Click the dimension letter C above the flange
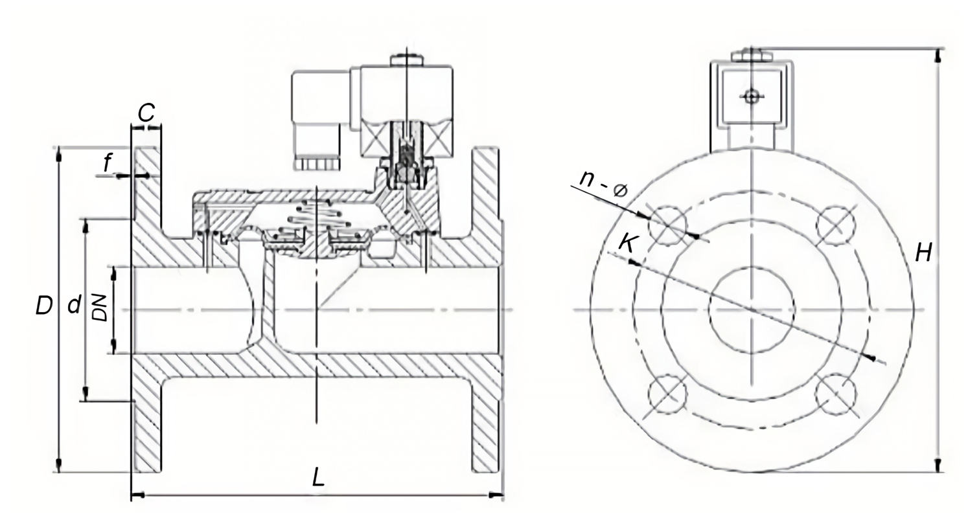pos(146,113)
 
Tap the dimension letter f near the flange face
pos(108,163)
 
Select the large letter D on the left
pos(44,306)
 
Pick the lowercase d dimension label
pos(75,304)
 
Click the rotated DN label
pos(100,308)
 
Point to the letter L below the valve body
pos(318,477)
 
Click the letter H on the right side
pos(924,253)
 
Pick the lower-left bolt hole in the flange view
pos(667,394)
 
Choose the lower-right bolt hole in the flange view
pos(836,394)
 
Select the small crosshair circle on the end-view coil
pos(752,96)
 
